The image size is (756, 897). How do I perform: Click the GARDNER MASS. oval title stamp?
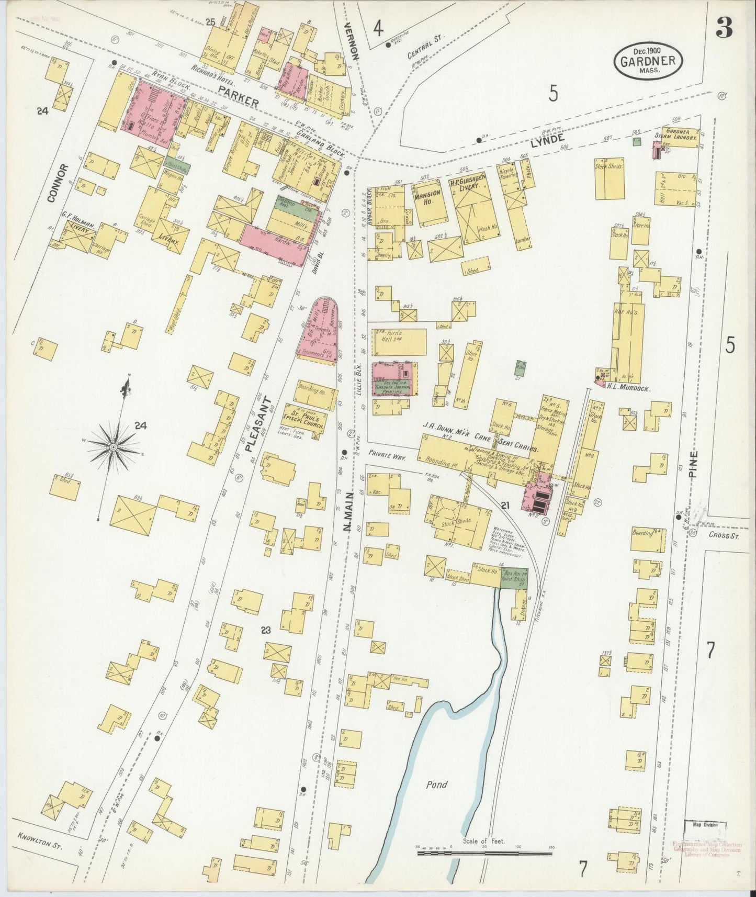[x=648, y=61]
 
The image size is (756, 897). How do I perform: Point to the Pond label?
[x=436, y=784]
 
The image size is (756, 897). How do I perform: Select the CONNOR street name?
[x=58, y=183]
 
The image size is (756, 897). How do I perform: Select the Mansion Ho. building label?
[x=427, y=196]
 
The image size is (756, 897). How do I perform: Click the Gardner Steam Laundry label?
[x=680, y=133]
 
